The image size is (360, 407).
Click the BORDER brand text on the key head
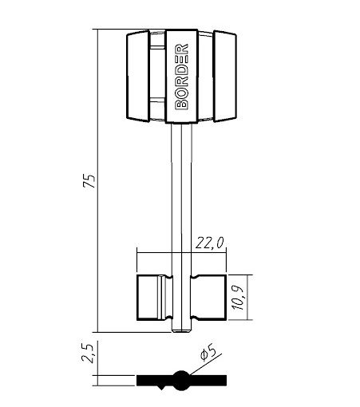[182, 77]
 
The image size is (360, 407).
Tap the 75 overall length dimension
[89, 181]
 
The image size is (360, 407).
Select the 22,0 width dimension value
[210, 243]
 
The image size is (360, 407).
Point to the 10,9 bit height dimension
[238, 298]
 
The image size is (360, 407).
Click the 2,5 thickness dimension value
[88, 354]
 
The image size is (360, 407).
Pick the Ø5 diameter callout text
[208, 352]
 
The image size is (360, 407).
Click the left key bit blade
[155, 298]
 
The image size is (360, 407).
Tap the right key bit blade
[208, 298]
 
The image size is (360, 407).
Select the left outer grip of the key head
[138, 76]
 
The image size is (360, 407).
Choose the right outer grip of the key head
[225, 76]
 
